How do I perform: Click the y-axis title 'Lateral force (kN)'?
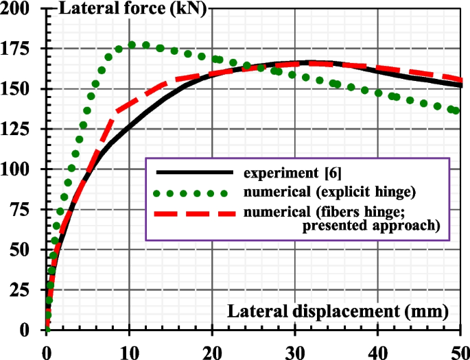(x=134, y=10)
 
